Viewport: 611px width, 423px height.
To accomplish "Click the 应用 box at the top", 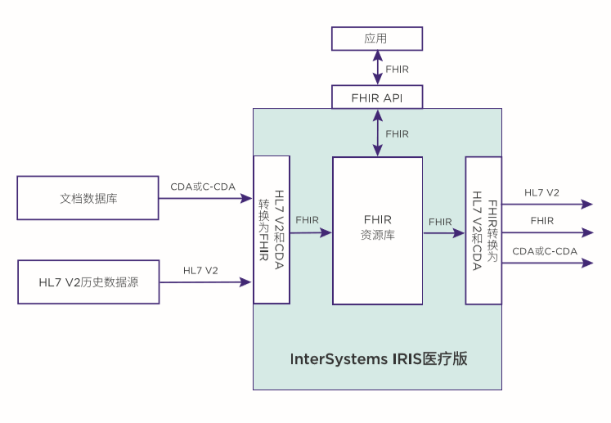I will coord(376,38).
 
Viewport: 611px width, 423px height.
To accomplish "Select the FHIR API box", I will coord(376,97).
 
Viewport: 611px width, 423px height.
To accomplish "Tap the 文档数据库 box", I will coord(88,198).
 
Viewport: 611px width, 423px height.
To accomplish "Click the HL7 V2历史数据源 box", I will coord(88,281).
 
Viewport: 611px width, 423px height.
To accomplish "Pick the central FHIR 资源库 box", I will coord(377,230).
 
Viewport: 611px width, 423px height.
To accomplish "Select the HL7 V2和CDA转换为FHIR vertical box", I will coord(272,229).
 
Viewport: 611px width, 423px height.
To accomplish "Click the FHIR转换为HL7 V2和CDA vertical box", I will coord(483,230).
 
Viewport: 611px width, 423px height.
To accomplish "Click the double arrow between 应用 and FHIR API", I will coord(377,68).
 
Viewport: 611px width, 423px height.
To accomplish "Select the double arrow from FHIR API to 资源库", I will coord(377,133).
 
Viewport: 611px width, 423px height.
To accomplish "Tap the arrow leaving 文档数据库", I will coord(205,198).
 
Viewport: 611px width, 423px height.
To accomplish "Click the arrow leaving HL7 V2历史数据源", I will coord(205,281).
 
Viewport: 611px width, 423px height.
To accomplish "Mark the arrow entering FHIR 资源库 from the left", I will coord(311,232).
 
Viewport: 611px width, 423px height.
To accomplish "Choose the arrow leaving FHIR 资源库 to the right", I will coord(443,233).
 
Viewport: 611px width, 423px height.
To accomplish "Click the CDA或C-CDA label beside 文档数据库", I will coord(203,187).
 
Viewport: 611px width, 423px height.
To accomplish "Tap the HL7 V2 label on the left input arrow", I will coord(200,270).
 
